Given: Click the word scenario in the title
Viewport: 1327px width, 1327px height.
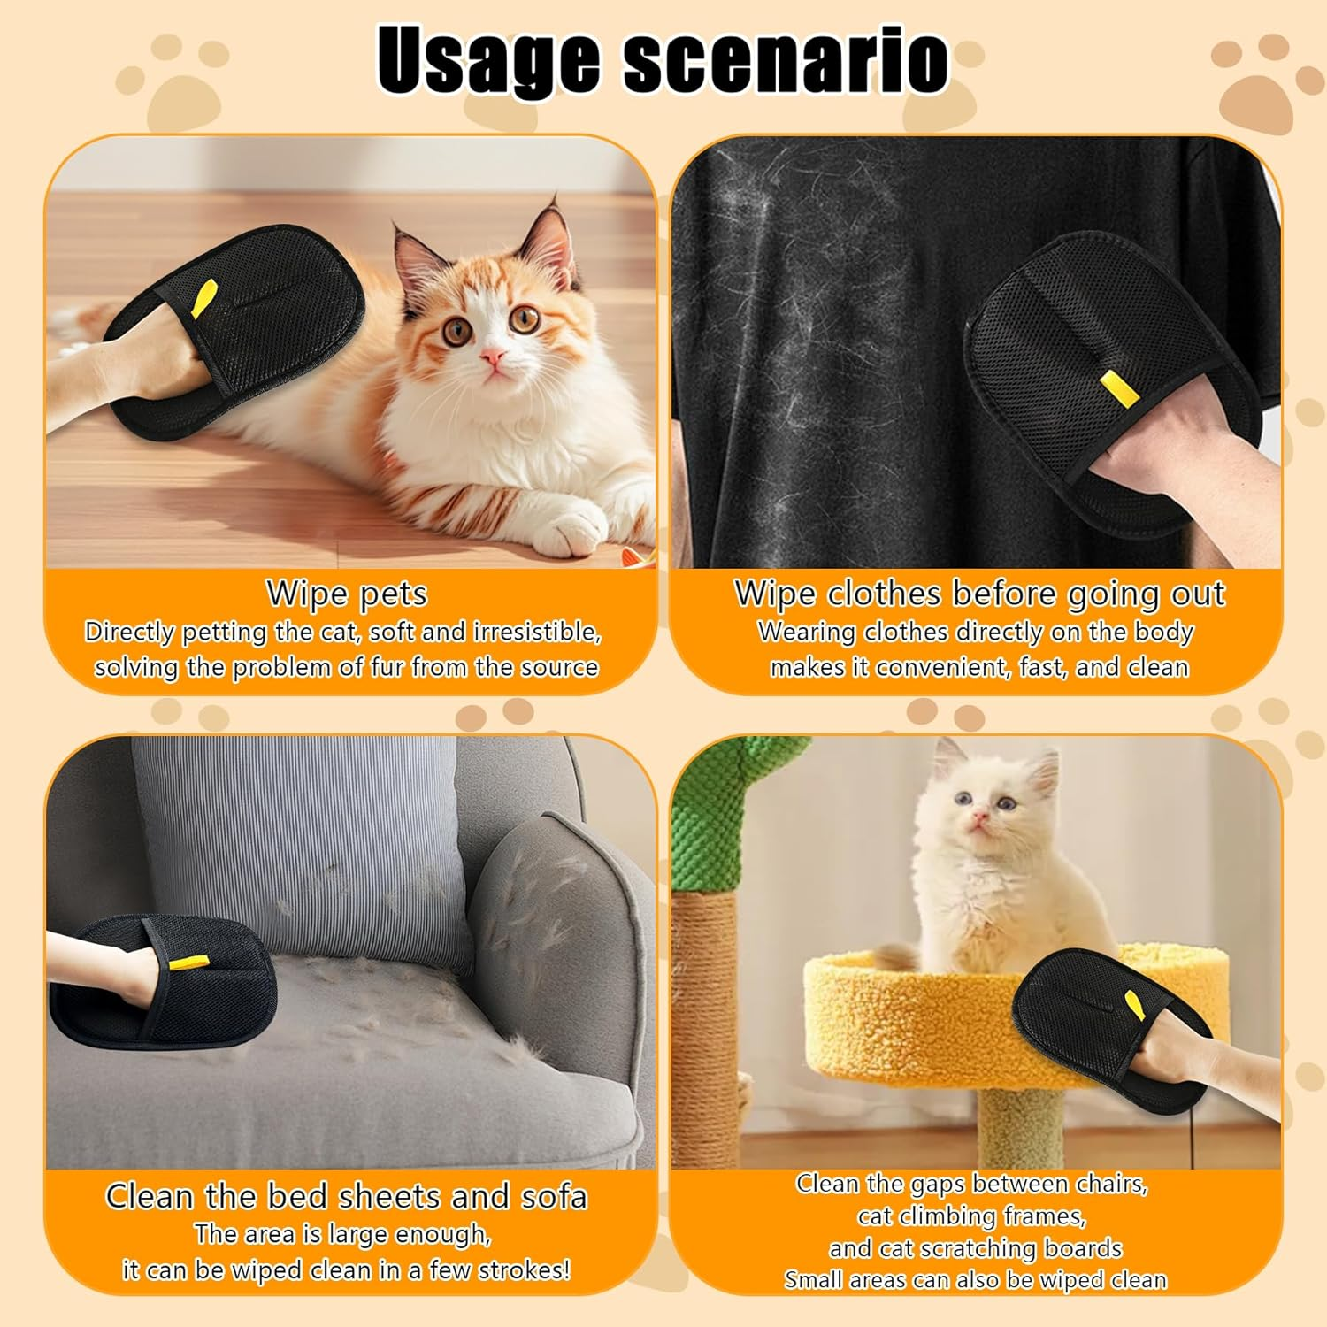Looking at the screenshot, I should (x=786, y=60).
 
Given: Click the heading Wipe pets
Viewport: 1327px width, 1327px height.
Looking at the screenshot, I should (x=347, y=593).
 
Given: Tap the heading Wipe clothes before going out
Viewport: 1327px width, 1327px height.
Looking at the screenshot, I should (x=979, y=593).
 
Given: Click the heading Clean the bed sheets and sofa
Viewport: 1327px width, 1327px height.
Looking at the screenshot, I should (x=347, y=1196).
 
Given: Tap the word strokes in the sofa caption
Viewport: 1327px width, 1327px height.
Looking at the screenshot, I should (x=523, y=1270).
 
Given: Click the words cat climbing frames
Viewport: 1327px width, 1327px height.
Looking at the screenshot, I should (x=971, y=1216).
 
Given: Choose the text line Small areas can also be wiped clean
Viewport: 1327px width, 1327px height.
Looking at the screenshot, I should (x=975, y=1280).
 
